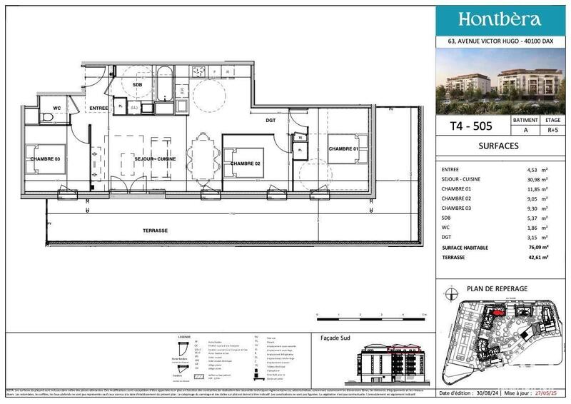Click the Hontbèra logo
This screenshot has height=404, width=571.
[499, 20]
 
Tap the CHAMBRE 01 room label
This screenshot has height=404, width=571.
[343, 148]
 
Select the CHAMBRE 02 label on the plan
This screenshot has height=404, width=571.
[245, 164]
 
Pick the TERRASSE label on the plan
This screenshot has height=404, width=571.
[155, 231]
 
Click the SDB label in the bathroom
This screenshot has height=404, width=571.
[137, 84]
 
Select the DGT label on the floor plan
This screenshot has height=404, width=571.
[271, 121]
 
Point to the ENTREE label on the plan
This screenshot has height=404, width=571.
[98, 108]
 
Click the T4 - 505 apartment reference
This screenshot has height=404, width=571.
[471, 126]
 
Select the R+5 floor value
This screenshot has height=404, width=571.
[549, 131]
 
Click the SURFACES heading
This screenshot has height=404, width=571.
[498, 146]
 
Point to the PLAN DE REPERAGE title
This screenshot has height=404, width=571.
[497, 288]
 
